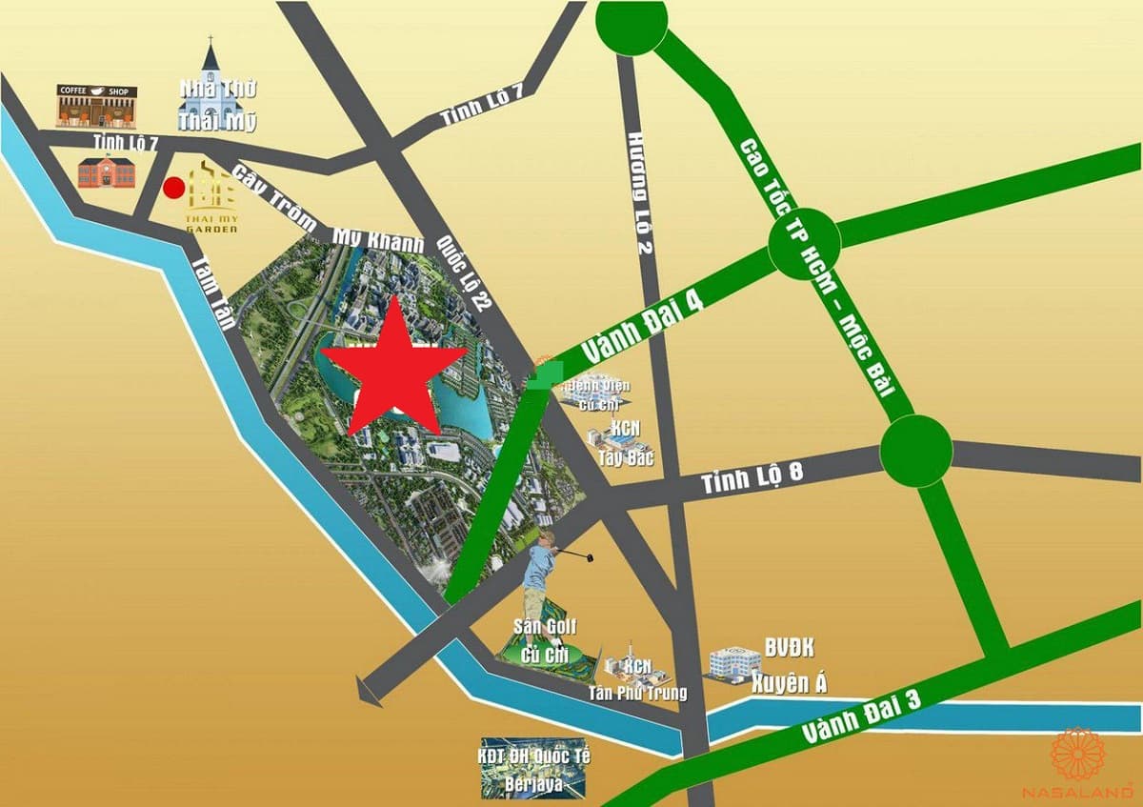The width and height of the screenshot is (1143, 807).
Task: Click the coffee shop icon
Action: tap(96, 105)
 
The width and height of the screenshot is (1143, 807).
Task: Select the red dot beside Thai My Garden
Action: tap(173, 188)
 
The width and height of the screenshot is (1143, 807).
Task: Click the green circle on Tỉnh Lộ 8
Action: tap(915, 451)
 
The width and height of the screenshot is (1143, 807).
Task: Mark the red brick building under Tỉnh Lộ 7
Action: tap(106, 171)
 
